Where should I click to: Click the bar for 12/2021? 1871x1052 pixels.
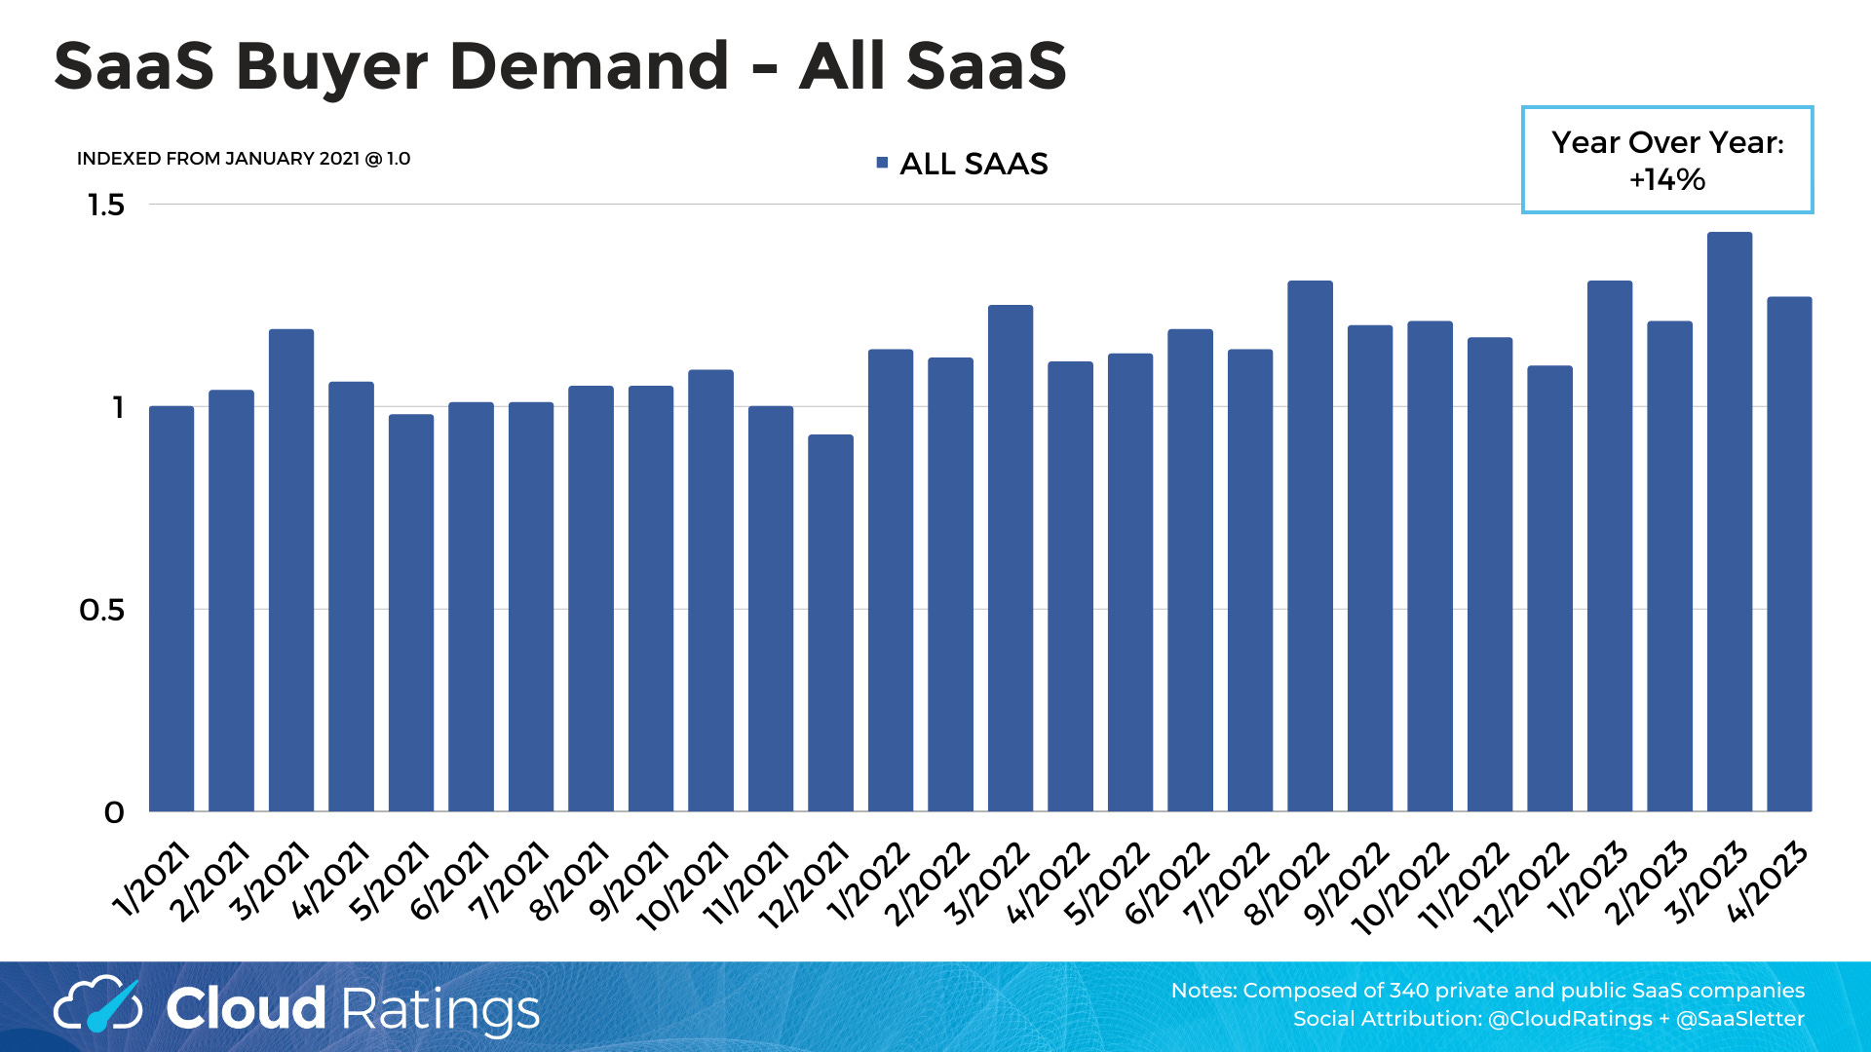pyautogui.click(x=830, y=623)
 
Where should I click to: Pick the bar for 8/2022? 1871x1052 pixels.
pyautogui.click(x=1310, y=545)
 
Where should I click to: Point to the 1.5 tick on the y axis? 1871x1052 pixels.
pyautogui.click(x=106, y=206)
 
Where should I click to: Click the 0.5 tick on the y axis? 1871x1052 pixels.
pyautogui.click(x=102, y=611)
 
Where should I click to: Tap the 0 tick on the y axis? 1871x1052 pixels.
pyautogui.click(x=114, y=812)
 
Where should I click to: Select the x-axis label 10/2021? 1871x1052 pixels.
pyautogui.click(x=683, y=886)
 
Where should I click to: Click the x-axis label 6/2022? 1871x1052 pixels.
pyautogui.click(x=1167, y=882)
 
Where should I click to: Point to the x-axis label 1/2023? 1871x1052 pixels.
pyautogui.click(x=1587, y=882)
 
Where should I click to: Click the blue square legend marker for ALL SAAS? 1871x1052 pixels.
pyautogui.click(x=882, y=163)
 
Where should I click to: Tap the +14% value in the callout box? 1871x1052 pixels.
pyautogui.click(x=1666, y=179)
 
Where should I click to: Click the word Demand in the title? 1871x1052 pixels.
pyautogui.click(x=589, y=66)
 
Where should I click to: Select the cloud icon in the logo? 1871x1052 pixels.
pyautogui.click(x=97, y=1006)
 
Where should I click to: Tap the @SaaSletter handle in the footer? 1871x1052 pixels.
pyautogui.click(x=1739, y=1019)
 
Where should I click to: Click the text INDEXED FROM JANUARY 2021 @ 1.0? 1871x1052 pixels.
pyautogui.click(x=244, y=159)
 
